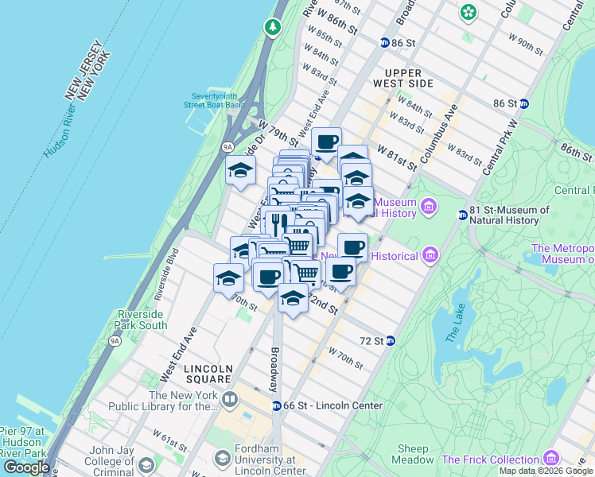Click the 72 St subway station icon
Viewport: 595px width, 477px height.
pos(391,340)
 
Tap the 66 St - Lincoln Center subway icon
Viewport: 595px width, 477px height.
pos(276,405)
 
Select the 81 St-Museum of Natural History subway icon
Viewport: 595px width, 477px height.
pos(462,215)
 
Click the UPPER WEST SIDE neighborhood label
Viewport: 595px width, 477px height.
pos(409,77)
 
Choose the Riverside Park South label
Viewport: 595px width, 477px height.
pos(142,320)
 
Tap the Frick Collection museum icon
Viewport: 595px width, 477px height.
pos(550,459)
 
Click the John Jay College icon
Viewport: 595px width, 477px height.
pos(146,465)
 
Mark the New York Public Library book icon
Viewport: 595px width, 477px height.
pos(230,398)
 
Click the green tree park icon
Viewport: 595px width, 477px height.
pos(274,27)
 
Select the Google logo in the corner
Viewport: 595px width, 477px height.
pos(27,467)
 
